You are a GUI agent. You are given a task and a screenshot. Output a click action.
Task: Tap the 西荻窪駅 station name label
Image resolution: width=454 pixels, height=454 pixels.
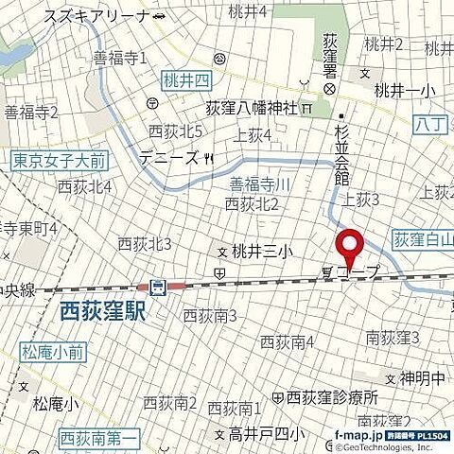pyautogui.click(x=103, y=310)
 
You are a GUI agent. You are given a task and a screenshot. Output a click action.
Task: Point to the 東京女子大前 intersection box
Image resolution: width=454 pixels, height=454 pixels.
pyautogui.click(x=45, y=161)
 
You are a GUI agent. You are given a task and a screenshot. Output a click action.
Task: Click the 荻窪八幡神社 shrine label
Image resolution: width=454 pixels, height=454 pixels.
pyautogui.click(x=253, y=109)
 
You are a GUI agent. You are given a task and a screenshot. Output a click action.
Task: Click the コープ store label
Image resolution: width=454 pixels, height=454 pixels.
pyautogui.click(x=359, y=272)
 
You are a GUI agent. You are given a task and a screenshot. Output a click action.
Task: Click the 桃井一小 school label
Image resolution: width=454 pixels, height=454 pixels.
pyautogui.click(x=405, y=91)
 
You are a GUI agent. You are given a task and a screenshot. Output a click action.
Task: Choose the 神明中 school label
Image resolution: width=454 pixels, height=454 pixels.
pyautogui.click(x=421, y=377)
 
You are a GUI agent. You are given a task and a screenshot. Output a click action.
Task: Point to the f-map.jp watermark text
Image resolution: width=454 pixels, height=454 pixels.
pyautogui.click(x=358, y=435)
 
